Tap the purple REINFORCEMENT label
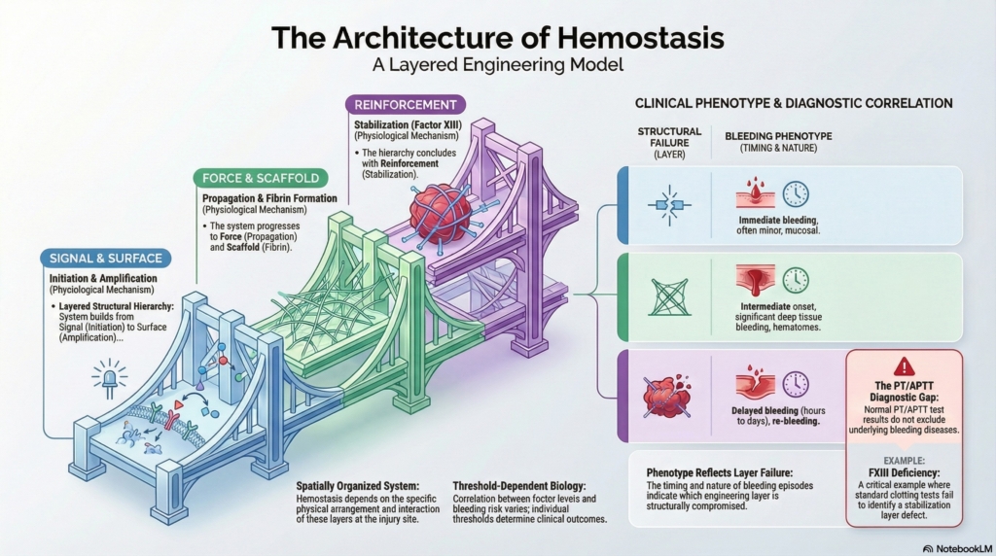[x=406, y=105]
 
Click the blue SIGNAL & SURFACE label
[x=107, y=258]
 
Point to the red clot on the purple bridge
[x=440, y=216]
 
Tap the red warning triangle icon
[x=905, y=366]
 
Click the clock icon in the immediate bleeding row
[x=796, y=193]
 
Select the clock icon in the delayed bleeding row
[x=796, y=384]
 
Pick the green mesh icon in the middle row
[x=669, y=296]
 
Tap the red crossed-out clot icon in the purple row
[x=667, y=396]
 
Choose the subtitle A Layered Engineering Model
[x=498, y=67]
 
